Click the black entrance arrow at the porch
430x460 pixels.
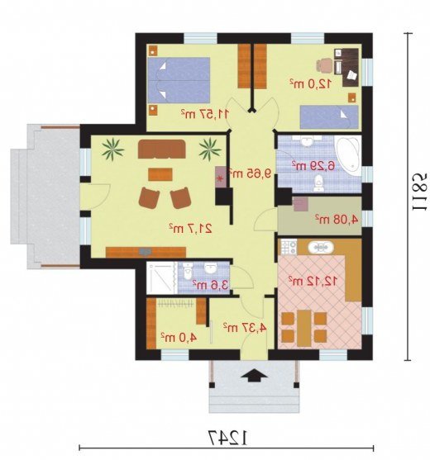tap(254, 376)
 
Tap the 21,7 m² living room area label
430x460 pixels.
tap(191, 228)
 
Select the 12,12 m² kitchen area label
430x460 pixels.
tap(313, 281)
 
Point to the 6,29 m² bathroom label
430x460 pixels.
tap(313, 166)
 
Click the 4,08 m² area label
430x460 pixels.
tap(337, 219)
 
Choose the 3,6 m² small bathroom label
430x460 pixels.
tap(210, 285)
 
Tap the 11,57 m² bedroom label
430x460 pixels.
tap(205, 114)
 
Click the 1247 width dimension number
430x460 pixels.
tap(228, 439)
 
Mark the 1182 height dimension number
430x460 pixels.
tap(419, 192)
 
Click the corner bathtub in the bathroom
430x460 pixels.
tap(349, 155)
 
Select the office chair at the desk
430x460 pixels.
tap(324, 65)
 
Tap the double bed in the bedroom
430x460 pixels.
tap(179, 80)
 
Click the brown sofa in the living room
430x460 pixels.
tap(162, 149)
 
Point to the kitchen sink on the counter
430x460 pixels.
tap(321, 248)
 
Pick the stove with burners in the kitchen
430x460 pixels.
tap(289, 247)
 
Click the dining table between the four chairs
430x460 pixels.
tap(304, 328)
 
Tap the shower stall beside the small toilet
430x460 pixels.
tap(162, 278)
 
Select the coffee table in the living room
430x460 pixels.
tap(160, 174)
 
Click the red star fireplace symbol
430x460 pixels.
tap(219, 178)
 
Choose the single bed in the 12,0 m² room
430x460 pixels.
tap(329, 117)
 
